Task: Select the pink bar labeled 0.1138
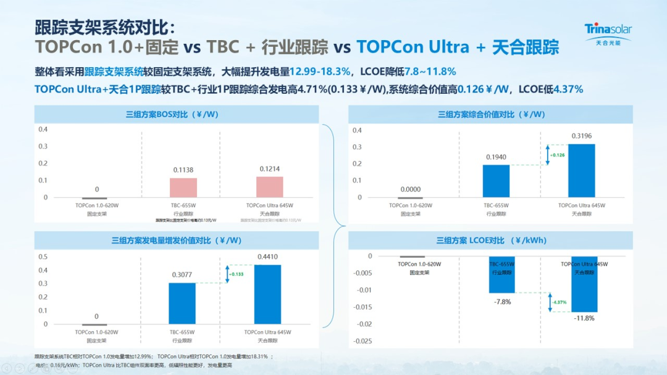point(183,187)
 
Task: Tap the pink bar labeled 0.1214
point(269,187)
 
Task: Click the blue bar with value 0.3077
point(182,303)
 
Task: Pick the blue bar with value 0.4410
point(267,294)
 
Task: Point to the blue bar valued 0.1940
point(496,181)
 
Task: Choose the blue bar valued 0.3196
point(581,171)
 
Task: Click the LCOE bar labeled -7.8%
point(501,274)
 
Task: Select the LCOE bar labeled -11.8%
point(584,284)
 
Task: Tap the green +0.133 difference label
point(237,274)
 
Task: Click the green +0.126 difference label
point(556,155)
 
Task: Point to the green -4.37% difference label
point(559,302)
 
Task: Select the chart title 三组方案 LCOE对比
point(491,241)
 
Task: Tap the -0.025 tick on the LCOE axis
point(362,341)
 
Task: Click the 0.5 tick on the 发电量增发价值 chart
point(43,257)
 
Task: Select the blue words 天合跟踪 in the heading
point(524,47)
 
